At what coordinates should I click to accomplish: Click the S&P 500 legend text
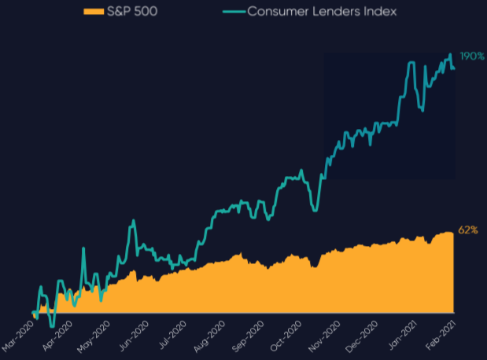[x=136, y=12]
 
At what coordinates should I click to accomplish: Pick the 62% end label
[x=468, y=230]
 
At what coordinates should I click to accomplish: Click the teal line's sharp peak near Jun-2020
[x=133, y=221]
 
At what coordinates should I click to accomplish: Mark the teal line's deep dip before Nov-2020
[x=315, y=209]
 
